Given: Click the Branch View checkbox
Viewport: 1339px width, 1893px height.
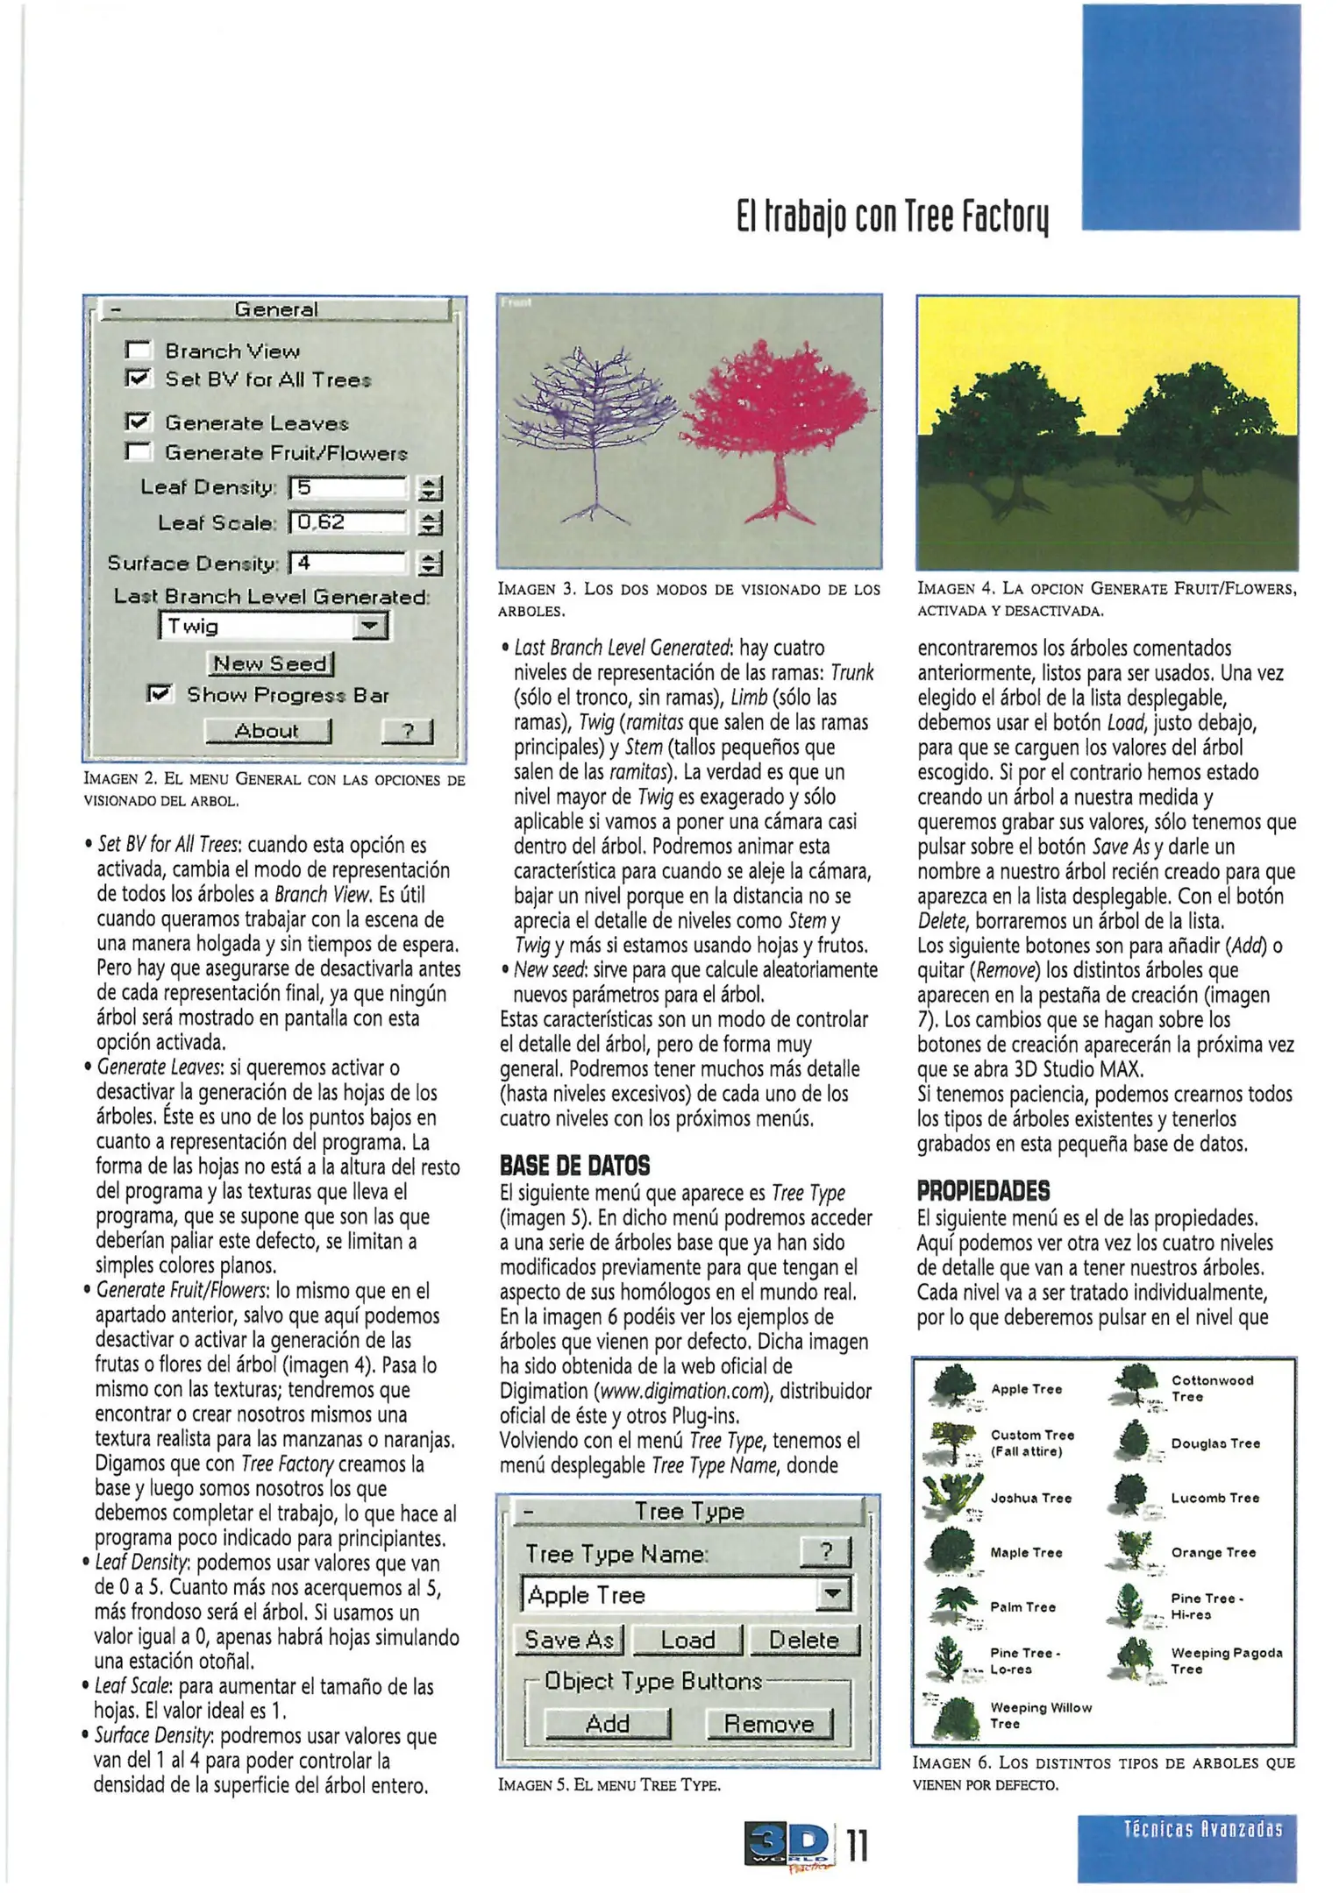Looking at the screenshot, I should point(139,351).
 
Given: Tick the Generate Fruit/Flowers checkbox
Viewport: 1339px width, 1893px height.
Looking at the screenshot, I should point(139,452).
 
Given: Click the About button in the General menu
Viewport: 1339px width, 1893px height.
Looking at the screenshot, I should point(267,731).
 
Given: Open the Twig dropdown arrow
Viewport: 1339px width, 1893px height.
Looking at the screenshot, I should point(371,627).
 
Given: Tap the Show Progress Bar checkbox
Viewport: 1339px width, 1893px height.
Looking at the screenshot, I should point(160,694).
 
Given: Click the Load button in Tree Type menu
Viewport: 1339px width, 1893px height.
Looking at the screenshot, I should point(687,1640).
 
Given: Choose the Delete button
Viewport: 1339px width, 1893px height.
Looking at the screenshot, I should point(803,1640).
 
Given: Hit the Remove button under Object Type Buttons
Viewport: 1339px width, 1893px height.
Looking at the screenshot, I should point(768,1724).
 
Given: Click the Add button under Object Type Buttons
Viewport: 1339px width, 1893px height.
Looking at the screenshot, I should point(607,1724).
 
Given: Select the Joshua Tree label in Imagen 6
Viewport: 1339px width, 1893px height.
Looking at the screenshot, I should point(1030,1499).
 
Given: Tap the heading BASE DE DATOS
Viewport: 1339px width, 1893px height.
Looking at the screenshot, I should point(574,1166).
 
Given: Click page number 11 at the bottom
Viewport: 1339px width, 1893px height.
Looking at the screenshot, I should point(858,1845).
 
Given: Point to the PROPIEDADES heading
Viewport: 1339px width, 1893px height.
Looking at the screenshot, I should point(983,1191).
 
